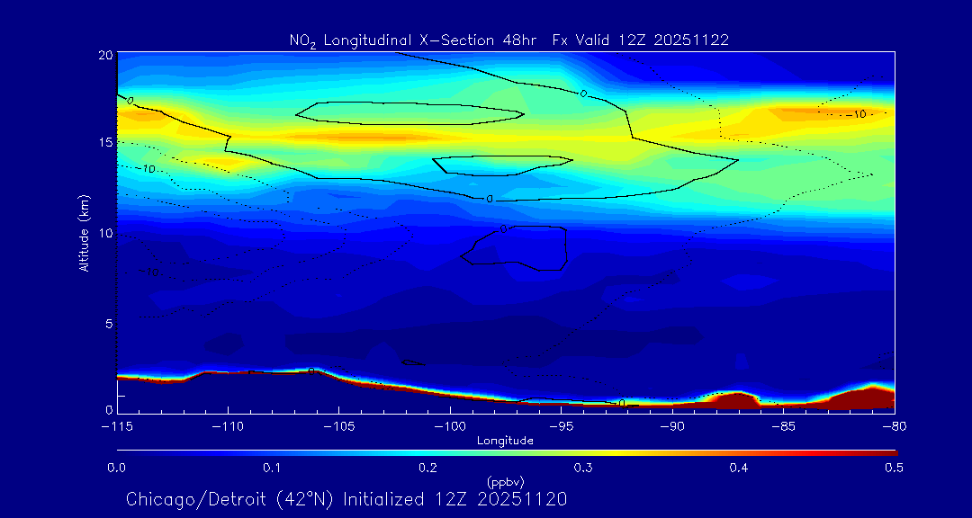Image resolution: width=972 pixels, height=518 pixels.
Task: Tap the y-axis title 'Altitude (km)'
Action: (x=84, y=232)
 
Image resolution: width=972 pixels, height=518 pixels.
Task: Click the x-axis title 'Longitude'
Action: (x=505, y=441)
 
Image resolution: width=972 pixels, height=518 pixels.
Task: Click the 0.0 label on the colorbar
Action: (x=116, y=468)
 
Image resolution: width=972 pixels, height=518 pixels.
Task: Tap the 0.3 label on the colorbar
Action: (x=583, y=468)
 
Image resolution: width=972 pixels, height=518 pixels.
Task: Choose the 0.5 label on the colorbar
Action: (x=895, y=468)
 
